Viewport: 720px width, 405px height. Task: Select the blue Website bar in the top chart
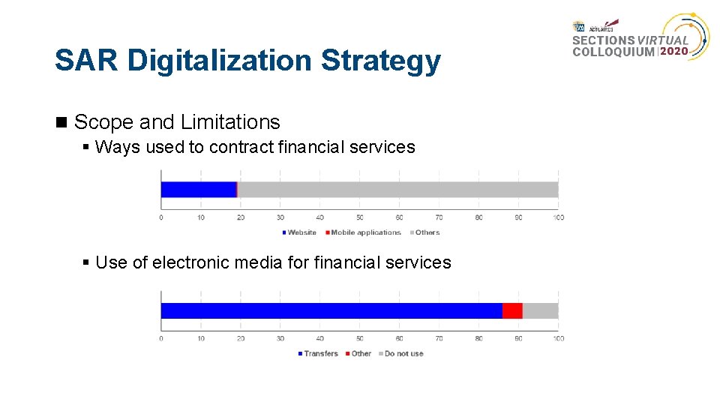pyautogui.click(x=198, y=190)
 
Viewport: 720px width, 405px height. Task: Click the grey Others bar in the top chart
pyautogui.click(x=397, y=190)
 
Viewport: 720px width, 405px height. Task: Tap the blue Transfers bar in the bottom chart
pyautogui.click(x=331, y=310)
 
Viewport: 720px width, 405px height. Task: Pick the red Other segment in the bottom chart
pyautogui.click(x=512, y=310)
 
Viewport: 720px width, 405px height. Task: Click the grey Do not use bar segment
pyautogui.click(x=540, y=310)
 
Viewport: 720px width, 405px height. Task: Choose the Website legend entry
pyautogui.click(x=301, y=232)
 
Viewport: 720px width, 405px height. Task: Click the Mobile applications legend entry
pyautogui.click(x=364, y=232)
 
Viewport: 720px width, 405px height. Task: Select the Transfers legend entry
pyautogui.click(x=319, y=353)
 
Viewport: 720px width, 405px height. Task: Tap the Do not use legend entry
pyautogui.click(x=402, y=353)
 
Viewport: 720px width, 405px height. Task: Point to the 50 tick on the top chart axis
pyautogui.click(x=359, y=217)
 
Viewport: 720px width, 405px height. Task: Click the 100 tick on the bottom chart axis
pyautogui.click(x=558, y=338)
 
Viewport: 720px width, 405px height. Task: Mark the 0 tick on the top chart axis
pyautogui.click(x=161, y=217)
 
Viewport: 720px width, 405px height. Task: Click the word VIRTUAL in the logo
pyautogui.click(x=663, y=40)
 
